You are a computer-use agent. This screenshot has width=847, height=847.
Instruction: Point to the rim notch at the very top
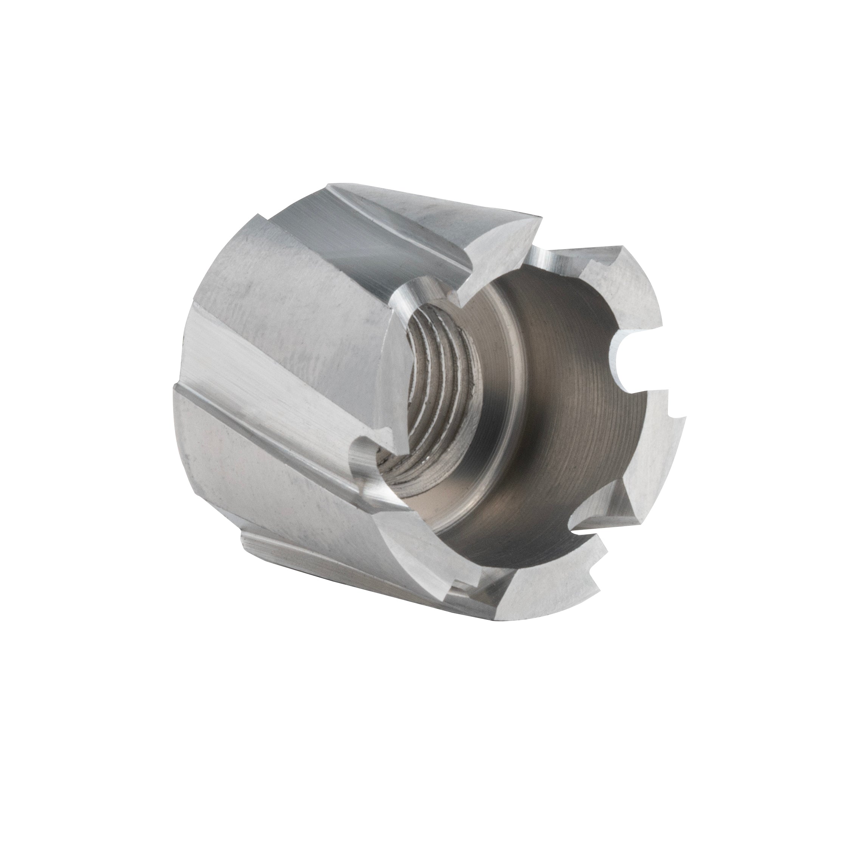[544, 259]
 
